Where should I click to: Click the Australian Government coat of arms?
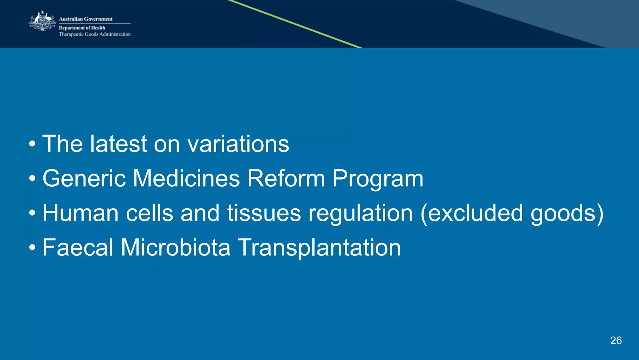click(42, 21)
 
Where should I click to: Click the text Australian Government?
click(85, 19)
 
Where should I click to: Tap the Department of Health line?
click(82, 28)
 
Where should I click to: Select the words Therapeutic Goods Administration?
click(95, 34)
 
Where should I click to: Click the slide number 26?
click(616, 341)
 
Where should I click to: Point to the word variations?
click(238, 144)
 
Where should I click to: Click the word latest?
click(118, 144)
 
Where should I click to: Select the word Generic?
click(84, 178)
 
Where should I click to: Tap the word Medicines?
click(186, 178)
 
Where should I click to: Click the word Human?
click(80, 213)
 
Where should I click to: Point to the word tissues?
click(264, 213)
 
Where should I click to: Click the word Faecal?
click(78, 247)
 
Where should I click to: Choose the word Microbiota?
click(175, 247)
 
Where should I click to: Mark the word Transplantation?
click(319, 248)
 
